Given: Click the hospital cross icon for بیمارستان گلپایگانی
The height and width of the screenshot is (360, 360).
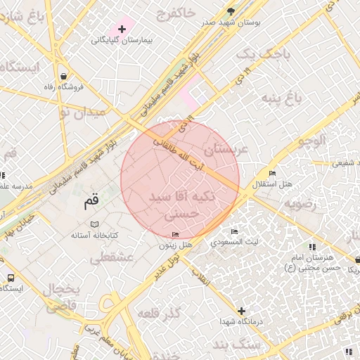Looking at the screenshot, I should (122, 29).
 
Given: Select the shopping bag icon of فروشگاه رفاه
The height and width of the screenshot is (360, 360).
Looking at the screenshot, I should (64, 76).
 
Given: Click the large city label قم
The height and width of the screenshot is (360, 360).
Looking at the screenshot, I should (91, 201).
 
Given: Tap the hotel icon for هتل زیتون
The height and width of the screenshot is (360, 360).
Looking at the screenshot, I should (175, 234).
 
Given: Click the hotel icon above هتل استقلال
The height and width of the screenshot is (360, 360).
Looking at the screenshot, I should (272, 173).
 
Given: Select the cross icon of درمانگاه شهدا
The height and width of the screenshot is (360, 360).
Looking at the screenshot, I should (242, 310).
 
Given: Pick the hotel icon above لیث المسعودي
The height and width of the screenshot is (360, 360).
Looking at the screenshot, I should (235, 231).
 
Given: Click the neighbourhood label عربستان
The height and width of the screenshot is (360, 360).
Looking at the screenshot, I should (226, 149).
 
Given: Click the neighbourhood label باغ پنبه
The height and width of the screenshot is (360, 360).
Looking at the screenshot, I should (282, 97).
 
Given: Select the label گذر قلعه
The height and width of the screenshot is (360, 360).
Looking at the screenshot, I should (161, 311).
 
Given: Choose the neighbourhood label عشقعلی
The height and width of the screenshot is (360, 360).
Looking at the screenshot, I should (112, 258).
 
